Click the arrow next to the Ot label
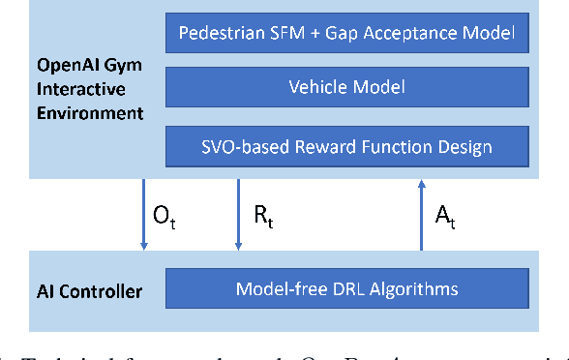click(143, 215)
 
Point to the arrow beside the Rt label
click(237, 215)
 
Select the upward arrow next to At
click(421, 215)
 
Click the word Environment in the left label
click(86, 113)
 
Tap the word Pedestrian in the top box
click(219, 36)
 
